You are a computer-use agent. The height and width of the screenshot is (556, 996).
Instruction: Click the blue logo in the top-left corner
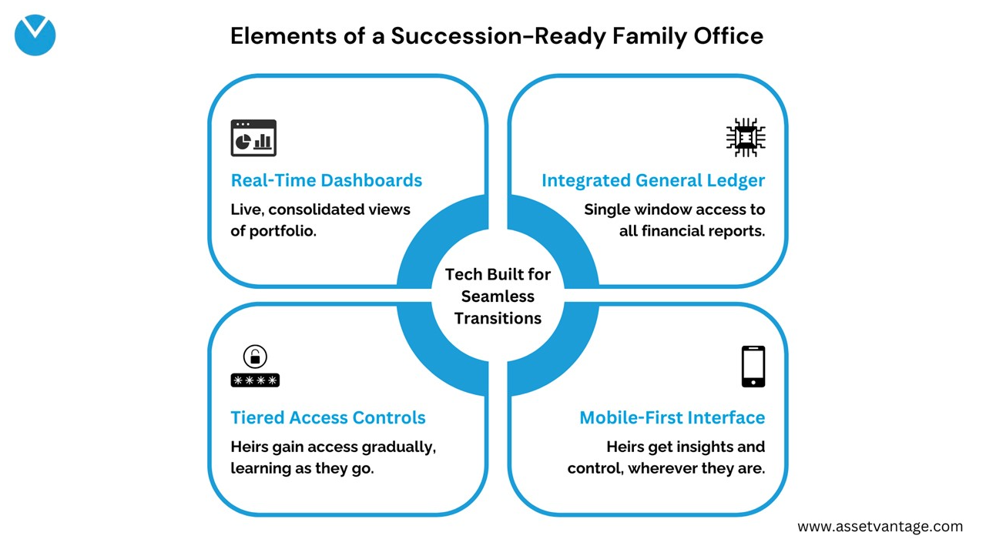pyautogui.click(x=35, y=35)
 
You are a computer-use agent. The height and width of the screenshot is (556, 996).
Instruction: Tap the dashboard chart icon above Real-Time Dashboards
pyautogui.click(x=253, y=139)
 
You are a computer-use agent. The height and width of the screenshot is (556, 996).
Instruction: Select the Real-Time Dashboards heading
pyautogui.click(x=327, y=180)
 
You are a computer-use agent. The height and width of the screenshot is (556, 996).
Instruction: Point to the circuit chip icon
pyautogui.click(x=745, y=138)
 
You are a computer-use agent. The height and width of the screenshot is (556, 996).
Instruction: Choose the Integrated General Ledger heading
pyautogui.click(x=652, y=180)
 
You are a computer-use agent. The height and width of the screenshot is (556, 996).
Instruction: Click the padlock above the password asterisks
pyautogui.click(x=255, y=357)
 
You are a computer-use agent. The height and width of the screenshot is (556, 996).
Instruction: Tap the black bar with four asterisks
pyautogui.click(x=255, y=380)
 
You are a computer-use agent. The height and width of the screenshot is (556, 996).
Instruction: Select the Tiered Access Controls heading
pyautogui.click(x=328, y=417)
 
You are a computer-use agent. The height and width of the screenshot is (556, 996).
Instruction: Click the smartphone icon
pyautogui.click(x=753, y=367)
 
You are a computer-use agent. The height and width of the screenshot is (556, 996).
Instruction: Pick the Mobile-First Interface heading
pyautogui.click(x=672, y=417)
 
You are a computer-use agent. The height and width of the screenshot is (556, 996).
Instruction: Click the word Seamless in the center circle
pyautogui.click(x=498, y=296)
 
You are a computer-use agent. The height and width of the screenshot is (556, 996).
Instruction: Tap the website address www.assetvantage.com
pyautogui.click(x=880, y=527)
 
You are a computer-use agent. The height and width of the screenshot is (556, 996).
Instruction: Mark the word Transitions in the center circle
pyautogui.click(x=498, y=318)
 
